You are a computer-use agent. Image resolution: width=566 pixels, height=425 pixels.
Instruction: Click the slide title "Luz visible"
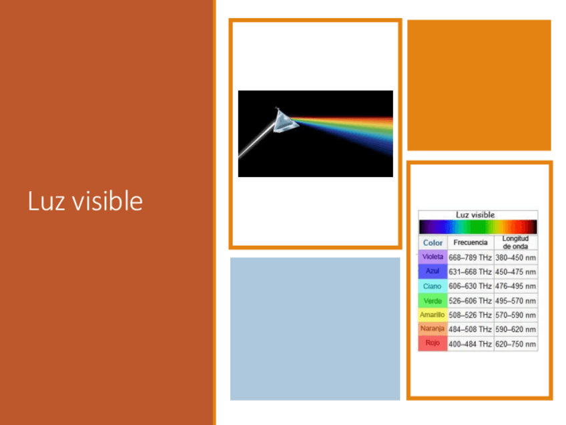coord(85,200)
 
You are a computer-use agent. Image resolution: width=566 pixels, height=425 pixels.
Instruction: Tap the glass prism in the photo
coord(285,121)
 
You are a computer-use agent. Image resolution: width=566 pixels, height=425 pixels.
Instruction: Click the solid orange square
coord(479,85)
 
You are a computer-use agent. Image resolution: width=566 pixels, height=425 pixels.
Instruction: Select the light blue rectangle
coord(315,329)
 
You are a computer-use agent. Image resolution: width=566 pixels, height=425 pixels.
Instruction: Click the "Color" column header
coord(433,243)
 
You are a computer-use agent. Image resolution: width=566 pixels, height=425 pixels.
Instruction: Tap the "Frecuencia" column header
coord(471,243)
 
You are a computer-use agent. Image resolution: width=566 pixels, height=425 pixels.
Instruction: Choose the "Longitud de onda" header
coord(515,243)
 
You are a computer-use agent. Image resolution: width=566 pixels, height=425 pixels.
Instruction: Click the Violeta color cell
coord(433,257)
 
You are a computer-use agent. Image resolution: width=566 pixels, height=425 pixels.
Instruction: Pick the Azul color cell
coord(433,271)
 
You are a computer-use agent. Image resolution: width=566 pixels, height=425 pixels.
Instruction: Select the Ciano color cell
coord(433,286)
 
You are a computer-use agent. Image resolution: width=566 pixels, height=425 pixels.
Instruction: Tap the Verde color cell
coord(433,301)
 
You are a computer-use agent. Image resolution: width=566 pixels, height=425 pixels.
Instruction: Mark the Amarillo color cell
coord(433,315)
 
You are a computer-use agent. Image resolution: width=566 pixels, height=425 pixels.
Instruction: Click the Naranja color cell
coord(433,329)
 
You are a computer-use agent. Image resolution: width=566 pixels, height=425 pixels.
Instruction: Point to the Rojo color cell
coord(433,343)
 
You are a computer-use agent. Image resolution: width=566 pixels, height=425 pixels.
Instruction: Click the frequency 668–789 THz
coord(470,258)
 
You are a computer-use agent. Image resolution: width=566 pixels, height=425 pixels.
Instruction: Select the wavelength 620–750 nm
coord(515,344)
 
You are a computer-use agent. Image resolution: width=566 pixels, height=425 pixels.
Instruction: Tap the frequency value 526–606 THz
coord(470,301)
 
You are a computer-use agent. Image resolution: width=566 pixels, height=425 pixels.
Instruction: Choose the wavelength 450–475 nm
coord(515,272)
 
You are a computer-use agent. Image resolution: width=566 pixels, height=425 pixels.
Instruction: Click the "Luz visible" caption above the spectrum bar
coord(475,215)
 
